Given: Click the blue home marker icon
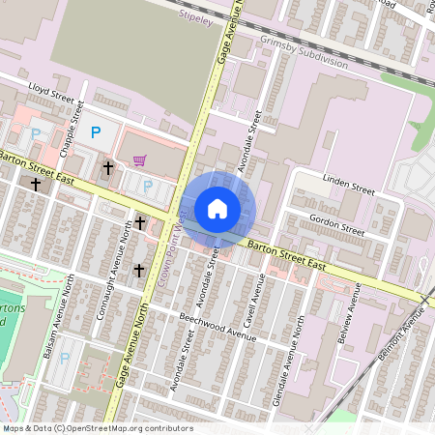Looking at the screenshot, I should coord(217,208).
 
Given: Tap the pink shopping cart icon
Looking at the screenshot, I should coord(140,160).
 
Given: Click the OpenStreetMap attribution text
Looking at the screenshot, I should coord(97,428).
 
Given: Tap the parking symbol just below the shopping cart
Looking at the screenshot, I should coord(148,187).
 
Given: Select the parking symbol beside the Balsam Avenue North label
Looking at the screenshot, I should coord(65,358).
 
